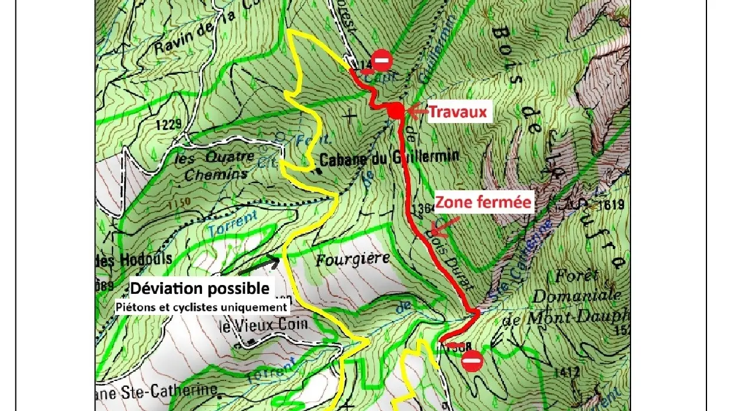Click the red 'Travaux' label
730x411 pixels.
458,111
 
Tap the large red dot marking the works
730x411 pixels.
395,110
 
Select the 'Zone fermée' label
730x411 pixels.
483,202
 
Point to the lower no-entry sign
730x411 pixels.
472,361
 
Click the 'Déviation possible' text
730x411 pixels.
200,289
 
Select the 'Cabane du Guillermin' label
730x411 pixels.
389,158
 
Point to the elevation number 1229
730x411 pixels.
168,124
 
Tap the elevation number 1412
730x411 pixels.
566,372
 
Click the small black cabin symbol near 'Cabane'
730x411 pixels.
318,171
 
